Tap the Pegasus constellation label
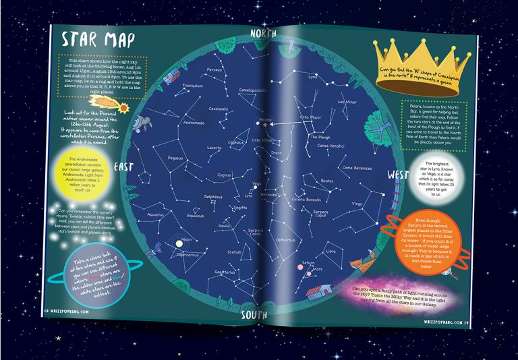coord(175,158)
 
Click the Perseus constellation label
coord(214,69)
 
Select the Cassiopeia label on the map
coord(219,108)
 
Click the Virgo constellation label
coord(357,203)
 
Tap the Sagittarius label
coord(225,272)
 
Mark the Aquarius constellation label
coord(156,215)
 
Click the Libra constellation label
coord(330,251)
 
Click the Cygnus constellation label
coord(224,174)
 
